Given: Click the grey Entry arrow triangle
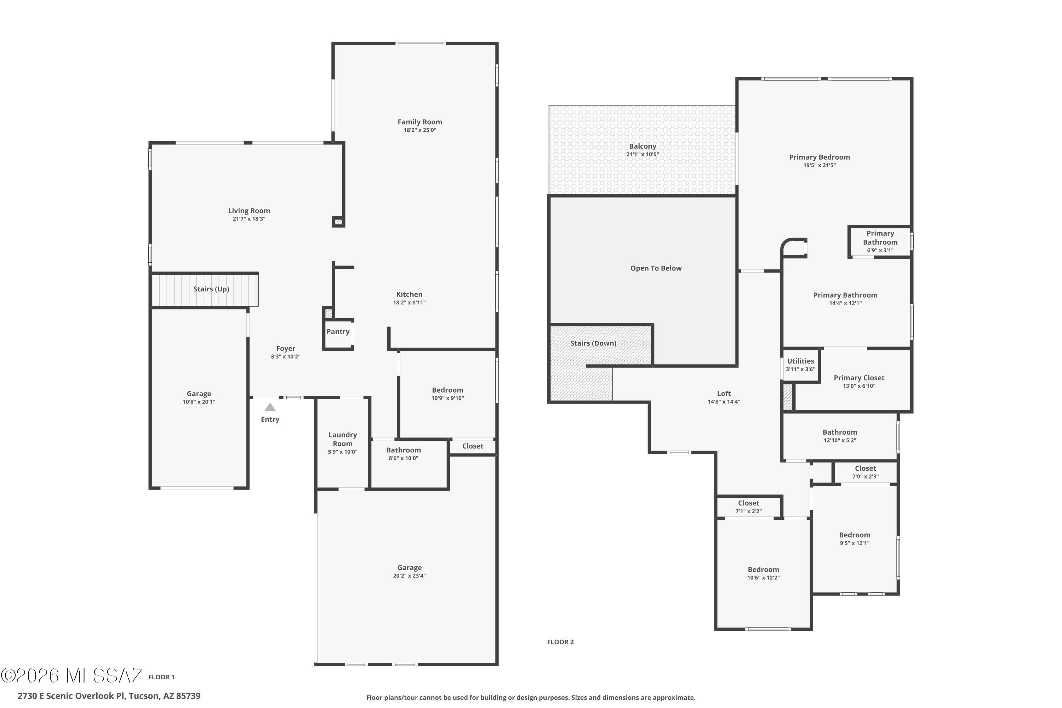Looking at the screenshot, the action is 270,407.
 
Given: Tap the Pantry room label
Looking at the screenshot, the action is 338,331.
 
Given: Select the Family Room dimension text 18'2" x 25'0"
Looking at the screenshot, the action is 420,130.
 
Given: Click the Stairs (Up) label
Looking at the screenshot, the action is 211,289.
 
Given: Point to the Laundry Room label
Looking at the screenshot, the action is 343,439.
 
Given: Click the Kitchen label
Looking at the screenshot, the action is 410,295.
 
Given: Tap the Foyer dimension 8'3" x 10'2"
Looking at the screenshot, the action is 286,357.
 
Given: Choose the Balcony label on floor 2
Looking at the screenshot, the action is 643,146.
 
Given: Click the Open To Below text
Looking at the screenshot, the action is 656,268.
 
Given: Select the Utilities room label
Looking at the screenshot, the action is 800,361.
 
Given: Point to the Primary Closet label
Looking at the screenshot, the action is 859,378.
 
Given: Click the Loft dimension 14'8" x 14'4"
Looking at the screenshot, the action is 724,402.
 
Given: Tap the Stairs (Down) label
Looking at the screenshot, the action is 593,343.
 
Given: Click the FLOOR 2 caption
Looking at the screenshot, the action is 560,642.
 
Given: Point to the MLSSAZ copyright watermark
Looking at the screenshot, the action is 72,675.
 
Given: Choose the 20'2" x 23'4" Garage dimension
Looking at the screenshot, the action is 410,576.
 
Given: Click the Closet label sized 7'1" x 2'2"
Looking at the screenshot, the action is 749,503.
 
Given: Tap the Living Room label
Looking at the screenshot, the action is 249,211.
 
